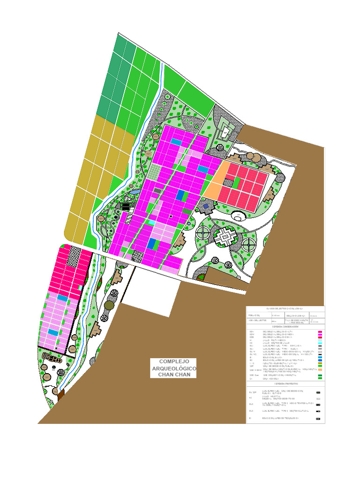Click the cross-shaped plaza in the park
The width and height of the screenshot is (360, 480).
click(225, 236)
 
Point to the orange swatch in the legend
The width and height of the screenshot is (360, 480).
click(320, 370)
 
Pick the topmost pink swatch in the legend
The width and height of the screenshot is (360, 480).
click(320, 332)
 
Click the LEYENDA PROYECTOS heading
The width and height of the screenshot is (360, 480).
click(285, 383)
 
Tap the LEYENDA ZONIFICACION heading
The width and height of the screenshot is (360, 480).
click(285, 326)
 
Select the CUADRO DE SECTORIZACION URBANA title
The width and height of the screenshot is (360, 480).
click(285, 309)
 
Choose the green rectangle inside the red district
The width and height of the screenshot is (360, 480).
click(237, 182)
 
